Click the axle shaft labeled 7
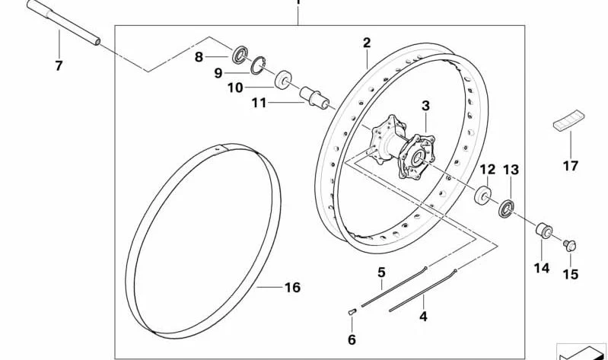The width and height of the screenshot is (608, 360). pyautogui.click(x=64, y=23)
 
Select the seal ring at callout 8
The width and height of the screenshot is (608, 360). pyautogui.click(x=240, y=55)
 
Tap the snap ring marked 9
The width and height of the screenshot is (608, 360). pyautogui.click(x=258, y=65)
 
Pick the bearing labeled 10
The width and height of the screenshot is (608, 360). pyautogui.click(x=283, y=79)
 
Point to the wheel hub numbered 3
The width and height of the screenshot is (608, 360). pyautogui.click(x=403, y=147)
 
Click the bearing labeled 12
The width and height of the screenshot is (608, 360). pyautogui.click(x=482, y=194)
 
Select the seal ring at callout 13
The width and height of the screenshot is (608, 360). pyautogui.click(x=506, y=209)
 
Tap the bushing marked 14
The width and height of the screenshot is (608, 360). pyautogui.click(x=544, y=231)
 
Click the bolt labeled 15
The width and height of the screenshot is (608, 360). pyautogui.click(x=570, y=245)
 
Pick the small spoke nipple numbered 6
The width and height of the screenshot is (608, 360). pyautogui.click(x=352, y=311)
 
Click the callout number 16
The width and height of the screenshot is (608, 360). pyautogui.click(x=292, y=288)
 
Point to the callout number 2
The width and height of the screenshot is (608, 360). pyautogui.click(x=367, y=43)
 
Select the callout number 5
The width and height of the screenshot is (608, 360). pyautogui.click(x=381, y=272)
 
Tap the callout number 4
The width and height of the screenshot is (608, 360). pyautogui.click(x=423, y=317)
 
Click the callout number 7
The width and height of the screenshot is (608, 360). pyautogui.click(x=59, y=65)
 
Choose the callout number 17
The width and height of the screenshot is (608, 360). pyautogui.click(x=571, y=166)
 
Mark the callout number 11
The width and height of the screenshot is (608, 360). pyautogui.click(x=259, y=104)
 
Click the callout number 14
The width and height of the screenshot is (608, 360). pyautogui.click(x=542, y=268)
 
